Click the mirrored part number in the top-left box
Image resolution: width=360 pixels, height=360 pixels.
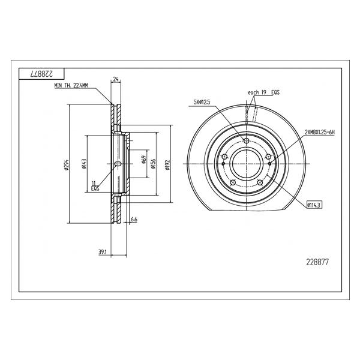pyautogui.click(x=41, y=74)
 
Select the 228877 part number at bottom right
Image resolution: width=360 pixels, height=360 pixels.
pyautogui.click(x=317, y=262)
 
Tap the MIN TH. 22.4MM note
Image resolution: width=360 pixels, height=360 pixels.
pyautogui.click(x=71, y=86)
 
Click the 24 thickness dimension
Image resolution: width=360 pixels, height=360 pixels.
pyautogui.click(x=116, y=79)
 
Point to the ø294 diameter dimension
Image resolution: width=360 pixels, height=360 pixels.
pyautogui.click(x=67, y=165)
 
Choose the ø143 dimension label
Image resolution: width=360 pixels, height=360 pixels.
pyautogui.click(x=84, y=164)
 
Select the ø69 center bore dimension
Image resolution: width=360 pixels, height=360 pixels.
pyautogui.click(x=144, y=160)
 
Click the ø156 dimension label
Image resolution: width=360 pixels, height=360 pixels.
pyautogui.click(x=153, y=164)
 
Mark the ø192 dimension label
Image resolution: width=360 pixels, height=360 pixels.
pyautogui.click(x=167, y=165)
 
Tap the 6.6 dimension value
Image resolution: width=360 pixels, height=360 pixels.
pyautogui.click(x=134, y=220)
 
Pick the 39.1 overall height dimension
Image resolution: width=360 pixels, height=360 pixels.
pyautogui.click(x=102, y=252)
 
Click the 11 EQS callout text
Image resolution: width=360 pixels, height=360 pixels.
pyautogui.click(x=95, y=186)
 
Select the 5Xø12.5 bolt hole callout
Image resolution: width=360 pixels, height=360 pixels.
pyautogui.click(x=202, y=102)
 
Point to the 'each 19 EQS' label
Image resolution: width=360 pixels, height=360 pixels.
pyautogui.click(x=264, y=92)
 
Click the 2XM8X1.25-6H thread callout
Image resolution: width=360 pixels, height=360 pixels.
pyautogui.click(x=320, y=133)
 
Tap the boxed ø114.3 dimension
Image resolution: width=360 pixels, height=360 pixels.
pyautogui.click(x=314, y=205)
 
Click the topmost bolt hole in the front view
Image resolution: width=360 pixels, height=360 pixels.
pyautogui.click(x=247, y=141)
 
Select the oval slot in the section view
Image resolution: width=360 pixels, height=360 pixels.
pyautogui.click(x=118, y=164)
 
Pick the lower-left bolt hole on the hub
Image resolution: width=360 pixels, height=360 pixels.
pyautogui.click(x=233, y=183)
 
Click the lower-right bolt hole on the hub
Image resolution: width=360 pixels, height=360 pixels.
pyautogui.click(x=260, y=183)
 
